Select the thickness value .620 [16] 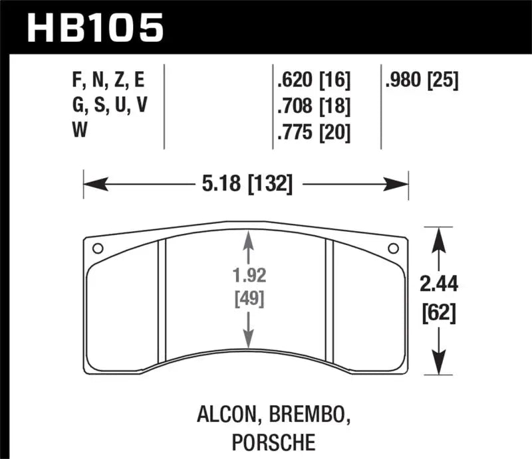pos(313,80)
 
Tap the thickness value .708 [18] pos(313,106)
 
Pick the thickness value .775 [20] pos(313,133)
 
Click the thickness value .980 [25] pos(421,80)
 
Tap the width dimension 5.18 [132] pos(245,182)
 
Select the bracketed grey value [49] pos(248,299)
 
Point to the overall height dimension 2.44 pos(440,286)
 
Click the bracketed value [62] pos(440,312)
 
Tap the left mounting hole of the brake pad pos(97,249)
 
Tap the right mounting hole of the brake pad pos(393,249)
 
